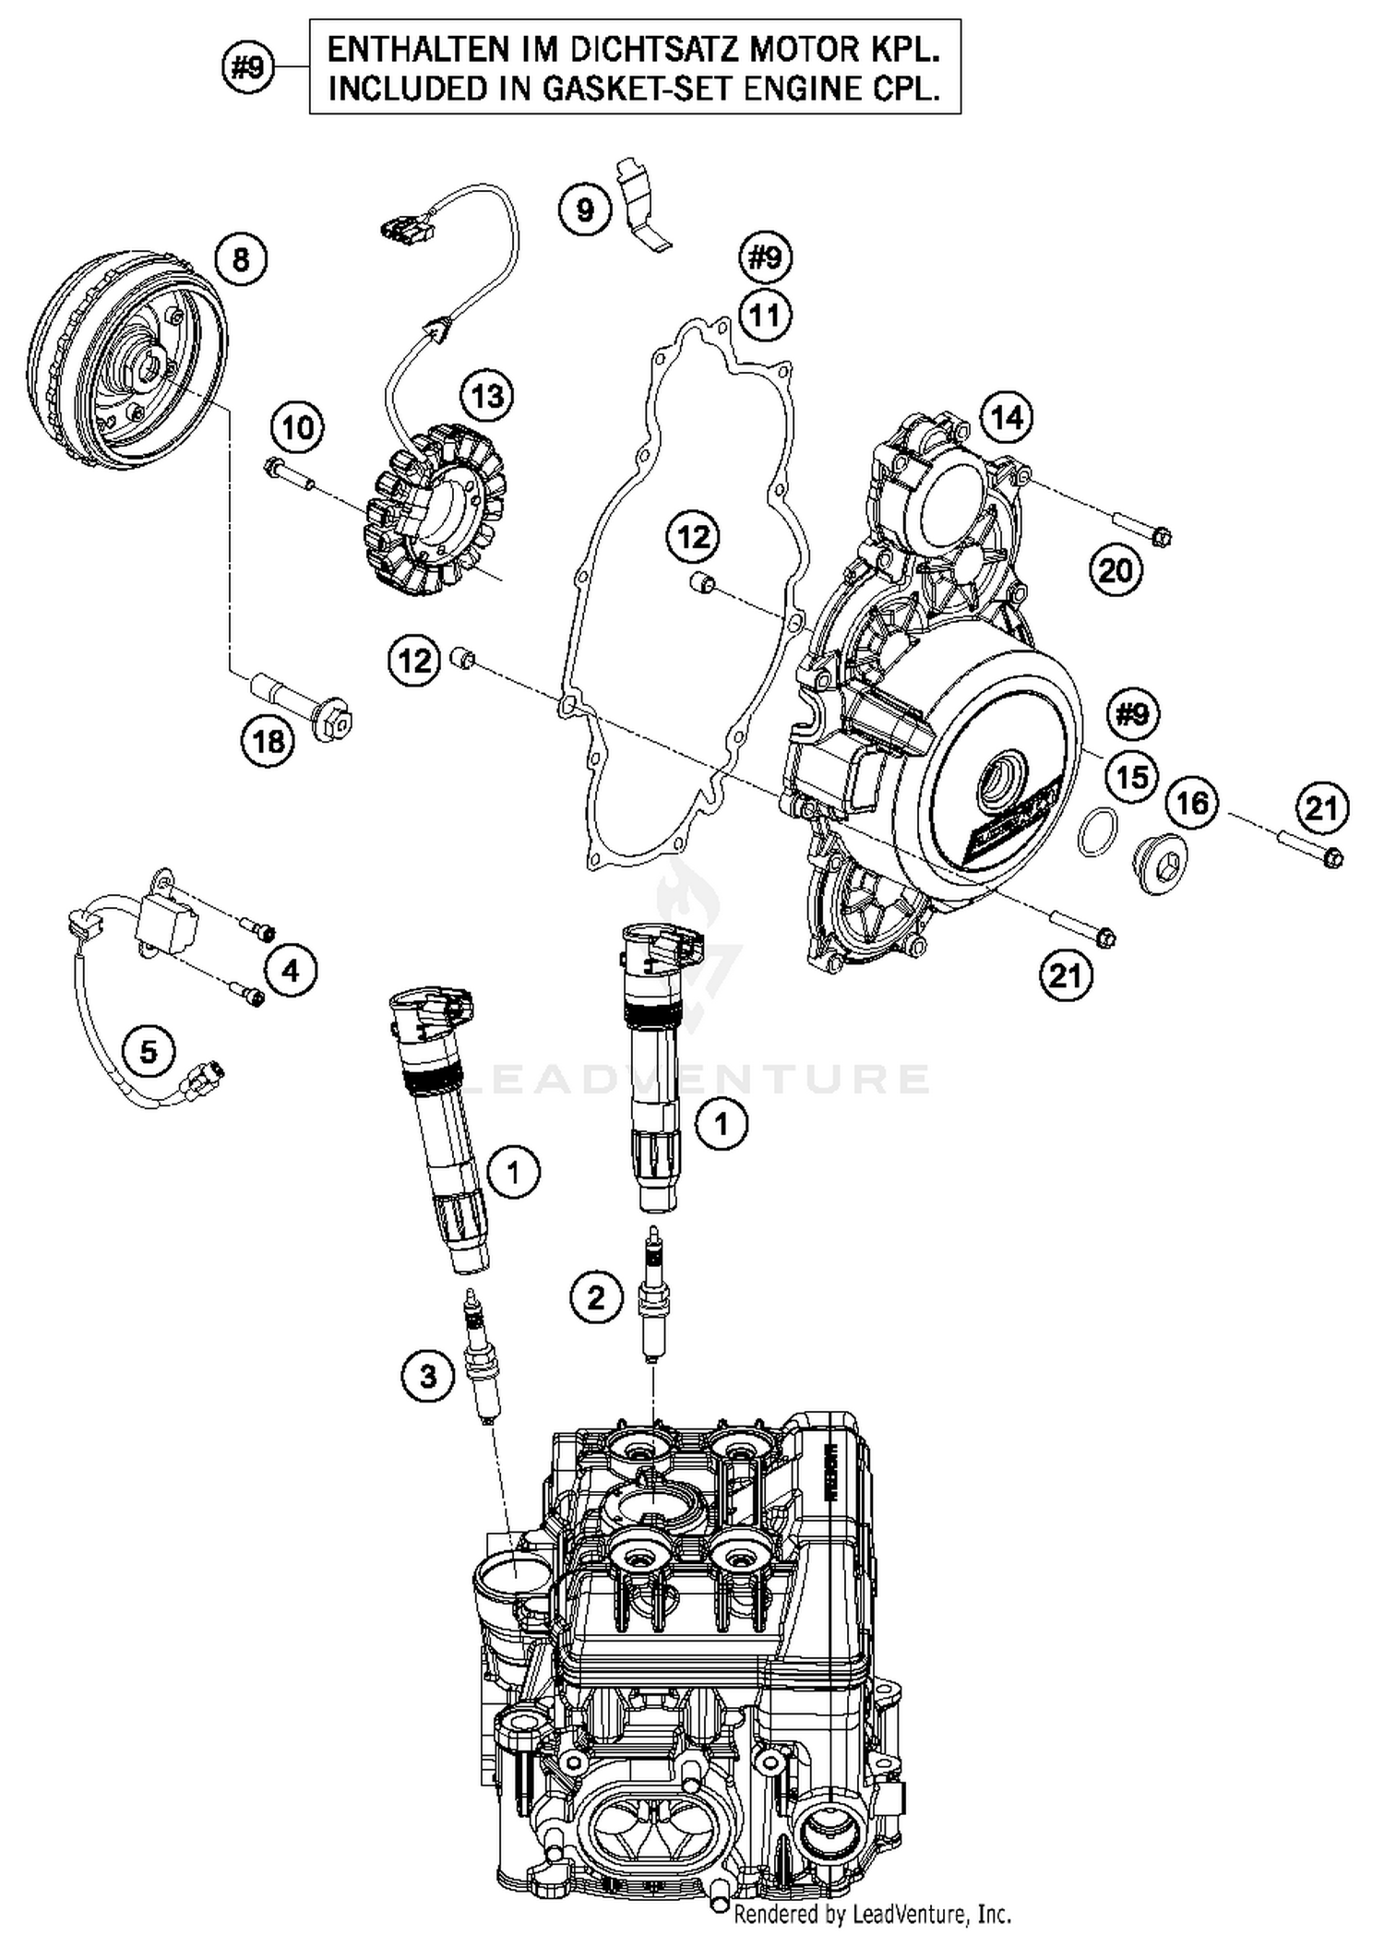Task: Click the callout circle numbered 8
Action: pyautogui.click(x=241, y=259)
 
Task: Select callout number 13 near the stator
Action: pyautogui.click(x=487, y=397)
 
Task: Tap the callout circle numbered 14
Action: pyautogui.click(x=1007, y=417)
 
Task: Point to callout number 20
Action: pyautogui.click(x=1116, y=571)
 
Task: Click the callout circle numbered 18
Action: pyautogui.click(x=268, y=741)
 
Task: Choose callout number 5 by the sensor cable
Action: pyautogui.click(x=149, y=1050)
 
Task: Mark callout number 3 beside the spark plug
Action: pyautogui.click(x=428, y=1377)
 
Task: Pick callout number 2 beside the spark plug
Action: pyautogui.click(x=596, y=1298)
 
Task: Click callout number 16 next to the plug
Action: pyautogui.click(x=1192, y=803)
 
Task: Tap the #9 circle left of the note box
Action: pyautogui.click(x=248, y=67)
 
